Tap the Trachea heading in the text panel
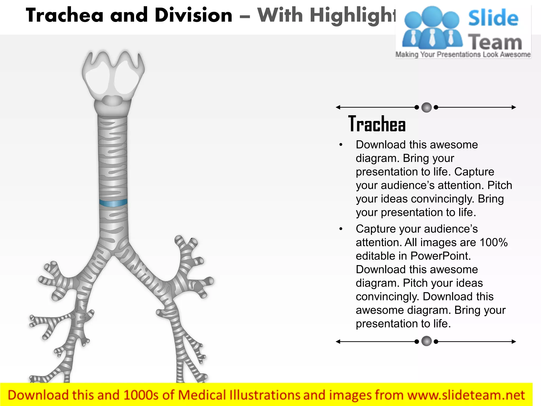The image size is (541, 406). click(377, 124)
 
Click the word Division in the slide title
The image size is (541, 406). click(194, 15)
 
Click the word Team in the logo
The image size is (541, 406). click(495, 42)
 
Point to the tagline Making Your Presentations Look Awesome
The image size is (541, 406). click(463, 55)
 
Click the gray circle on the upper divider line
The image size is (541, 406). click(426, 107)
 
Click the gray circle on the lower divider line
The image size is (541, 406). click(426, 341)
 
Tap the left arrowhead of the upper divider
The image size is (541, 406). click(338, 107)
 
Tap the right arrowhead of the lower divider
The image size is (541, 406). click(514, 342)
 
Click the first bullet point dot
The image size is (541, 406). click(341, 145)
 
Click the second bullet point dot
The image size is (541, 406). click(341, 229)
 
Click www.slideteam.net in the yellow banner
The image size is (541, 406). click(466, 395)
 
